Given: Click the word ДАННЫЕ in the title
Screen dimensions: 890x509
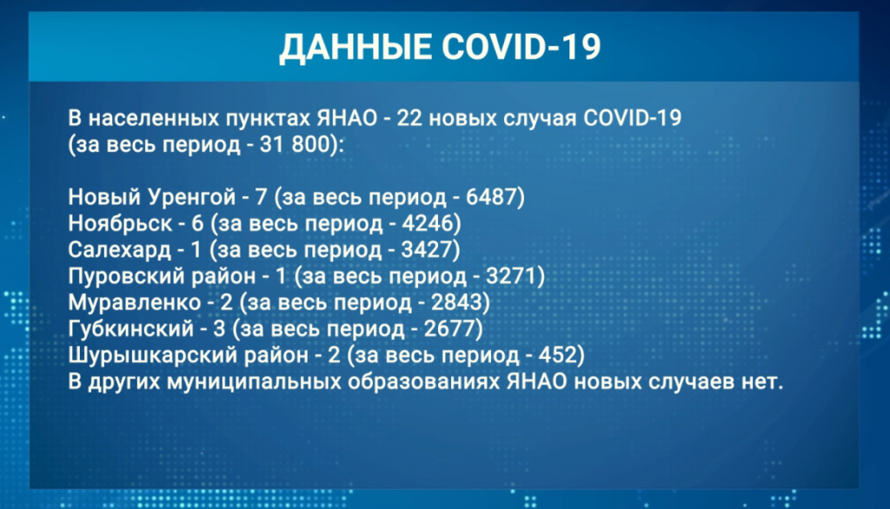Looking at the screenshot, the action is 355,47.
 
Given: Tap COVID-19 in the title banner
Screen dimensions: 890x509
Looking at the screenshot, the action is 521,46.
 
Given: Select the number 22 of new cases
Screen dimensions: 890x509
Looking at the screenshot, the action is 408,118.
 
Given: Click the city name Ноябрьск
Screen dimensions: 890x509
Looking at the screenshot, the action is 120,223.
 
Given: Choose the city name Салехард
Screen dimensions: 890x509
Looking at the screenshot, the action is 119,250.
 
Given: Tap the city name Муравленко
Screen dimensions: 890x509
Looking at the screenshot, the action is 135,302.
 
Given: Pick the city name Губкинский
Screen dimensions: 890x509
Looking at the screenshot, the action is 131,329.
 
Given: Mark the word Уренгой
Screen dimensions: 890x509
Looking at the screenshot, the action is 191,197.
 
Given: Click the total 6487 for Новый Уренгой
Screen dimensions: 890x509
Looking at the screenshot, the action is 491,197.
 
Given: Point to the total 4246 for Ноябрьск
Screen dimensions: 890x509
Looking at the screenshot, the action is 427,223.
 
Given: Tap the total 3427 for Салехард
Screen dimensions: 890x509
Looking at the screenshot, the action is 426,249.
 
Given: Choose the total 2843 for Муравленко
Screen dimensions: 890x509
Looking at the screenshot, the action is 455,302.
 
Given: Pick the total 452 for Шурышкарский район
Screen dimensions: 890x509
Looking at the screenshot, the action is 557,355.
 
